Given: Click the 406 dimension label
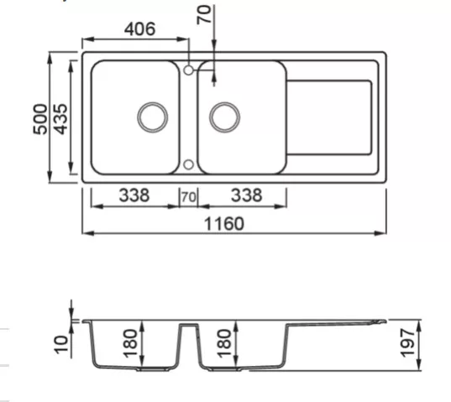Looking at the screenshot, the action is (139, 29).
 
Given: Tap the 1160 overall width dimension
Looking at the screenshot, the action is (224, 224).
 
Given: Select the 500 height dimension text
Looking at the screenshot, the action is (40, 119).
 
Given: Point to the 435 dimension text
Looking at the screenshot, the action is (61, 119).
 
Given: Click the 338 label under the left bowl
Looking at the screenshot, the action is (134, 195).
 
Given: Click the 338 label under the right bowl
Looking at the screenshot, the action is (247, 195).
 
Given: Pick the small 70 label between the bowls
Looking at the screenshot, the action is (189, 197).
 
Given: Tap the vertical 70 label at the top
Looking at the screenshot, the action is (204, 15).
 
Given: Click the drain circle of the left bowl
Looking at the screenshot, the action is (153, 117).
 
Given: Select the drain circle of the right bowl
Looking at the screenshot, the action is (224, 117).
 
